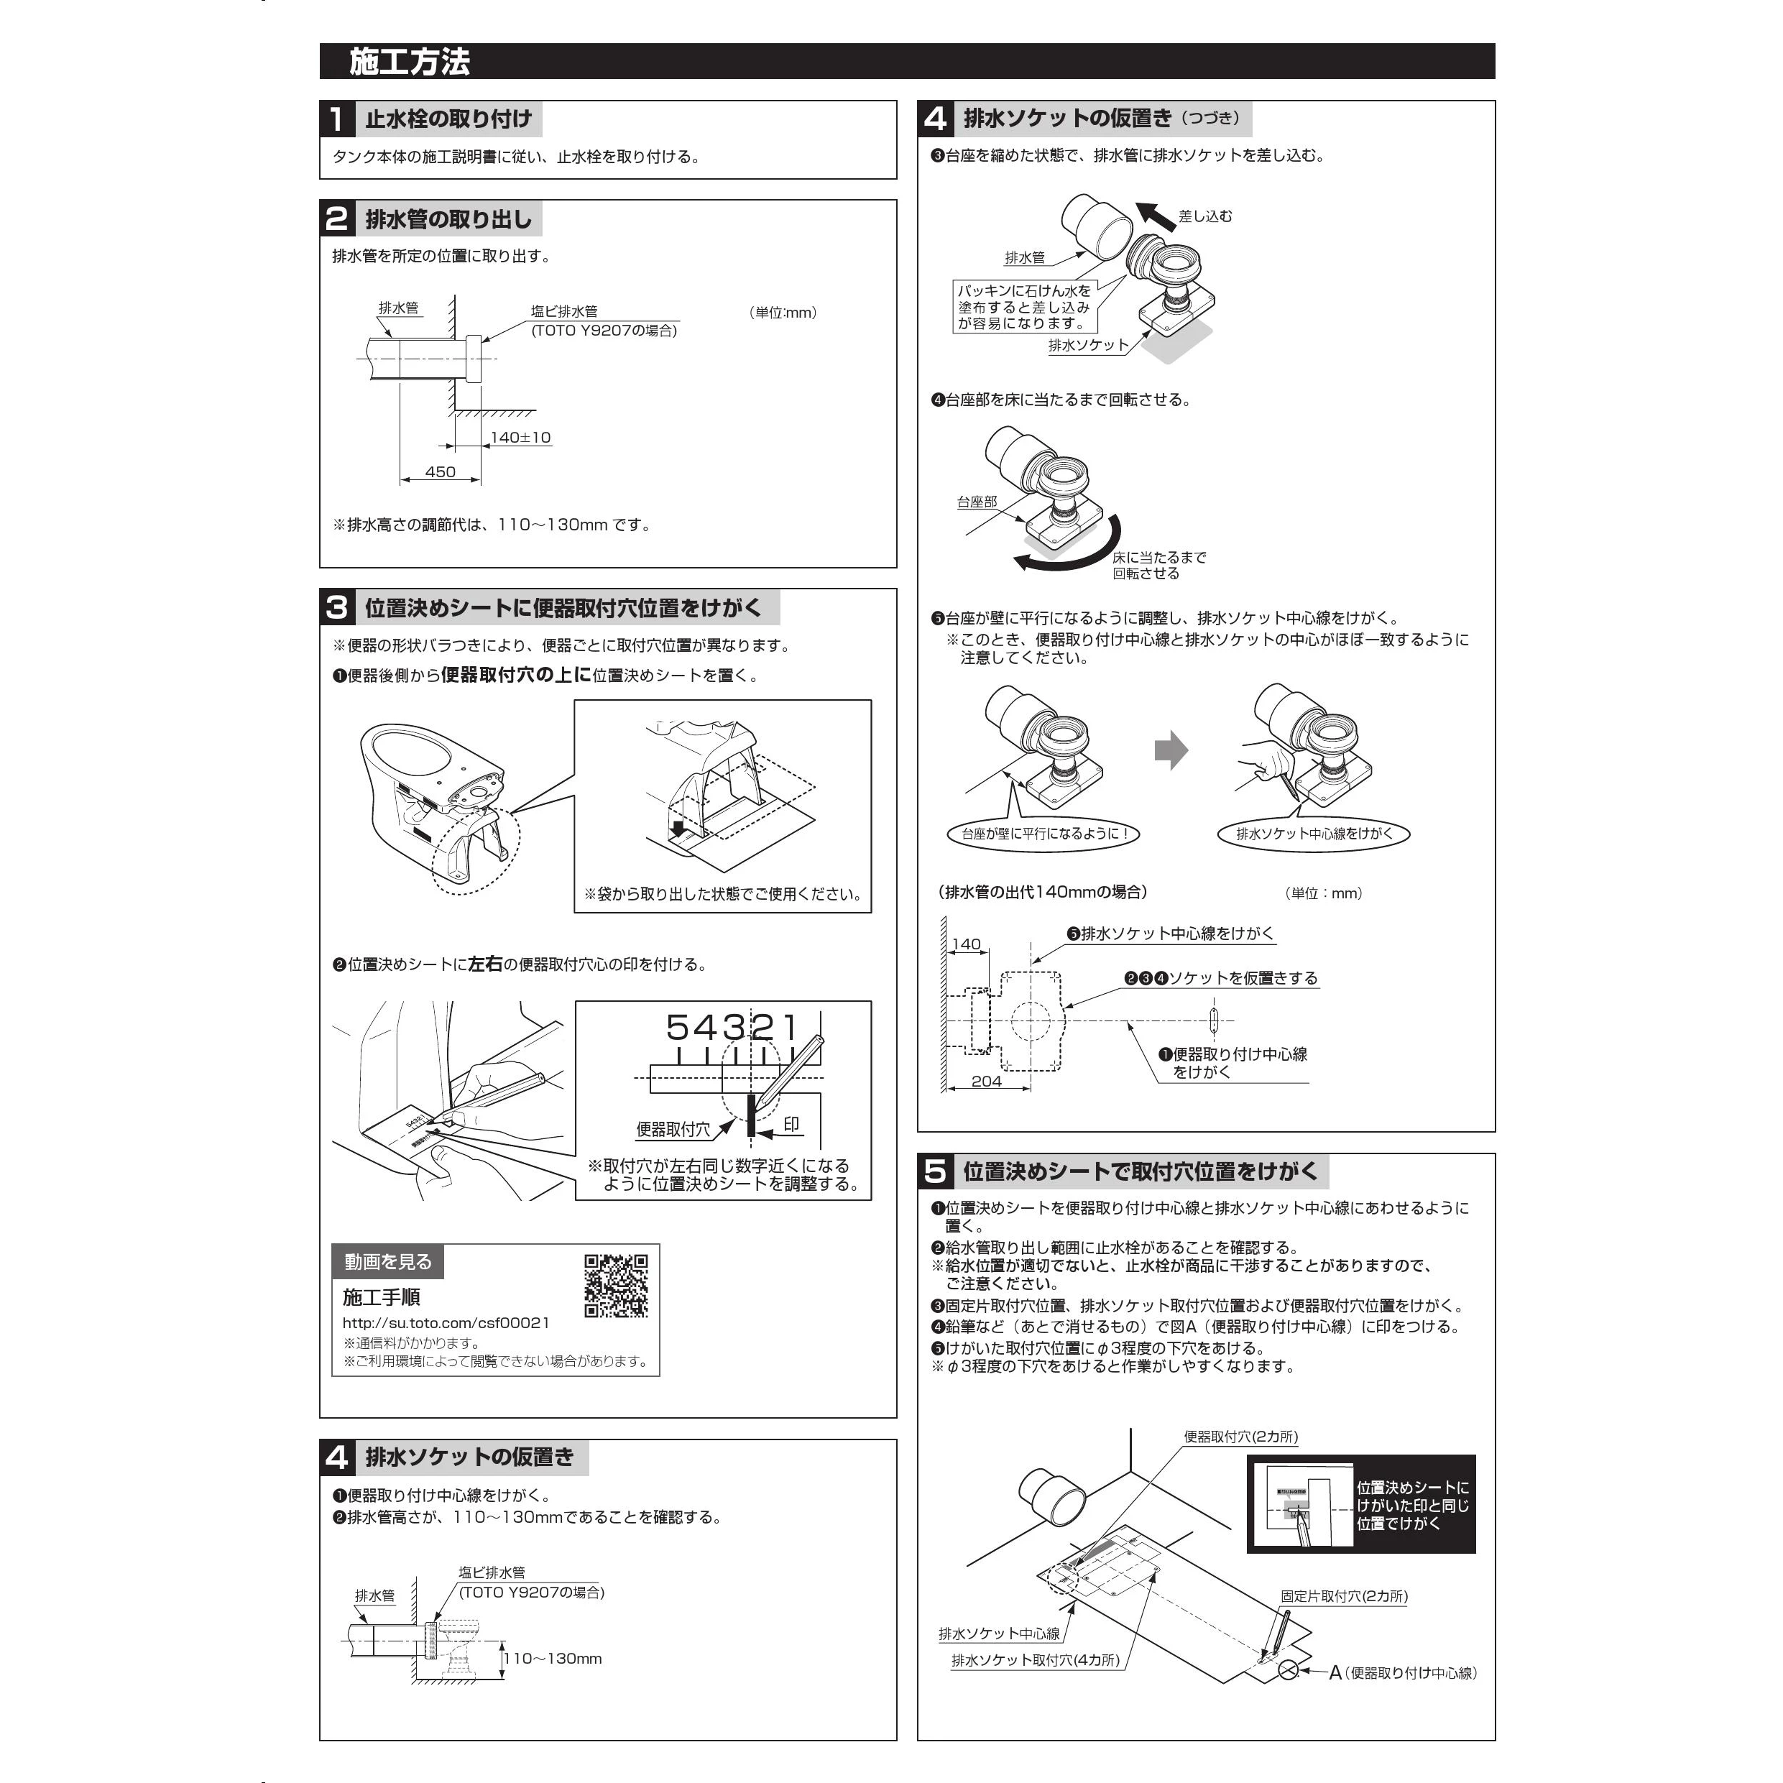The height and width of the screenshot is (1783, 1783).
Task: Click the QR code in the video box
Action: tap(616, 1285)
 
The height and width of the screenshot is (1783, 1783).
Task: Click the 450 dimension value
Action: tap(441, 471)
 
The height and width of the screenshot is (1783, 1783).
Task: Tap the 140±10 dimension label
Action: tap(520, 438)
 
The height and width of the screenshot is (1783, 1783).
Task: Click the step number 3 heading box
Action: tap(337, 607)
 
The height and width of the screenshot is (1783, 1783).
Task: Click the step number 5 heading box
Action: tap(935, 1171)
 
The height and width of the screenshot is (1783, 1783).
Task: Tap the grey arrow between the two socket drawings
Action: tap(1171, 750)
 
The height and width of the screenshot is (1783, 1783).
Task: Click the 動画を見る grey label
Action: tap(387, 1261)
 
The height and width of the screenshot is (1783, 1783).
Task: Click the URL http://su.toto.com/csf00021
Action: tap(446, 1322)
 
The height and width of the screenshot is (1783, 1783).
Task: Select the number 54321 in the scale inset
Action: tap(732, 1027)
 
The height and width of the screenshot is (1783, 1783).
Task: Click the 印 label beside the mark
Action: tap(791, 1124)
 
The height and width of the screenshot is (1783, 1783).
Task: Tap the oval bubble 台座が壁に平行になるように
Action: tap(1043, 834)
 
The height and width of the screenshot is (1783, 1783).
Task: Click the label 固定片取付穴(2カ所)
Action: tap(1344, 1595)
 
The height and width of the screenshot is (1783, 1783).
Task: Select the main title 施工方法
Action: tap(410, 62)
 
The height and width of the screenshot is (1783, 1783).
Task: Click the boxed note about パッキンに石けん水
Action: tap(1024, 306)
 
